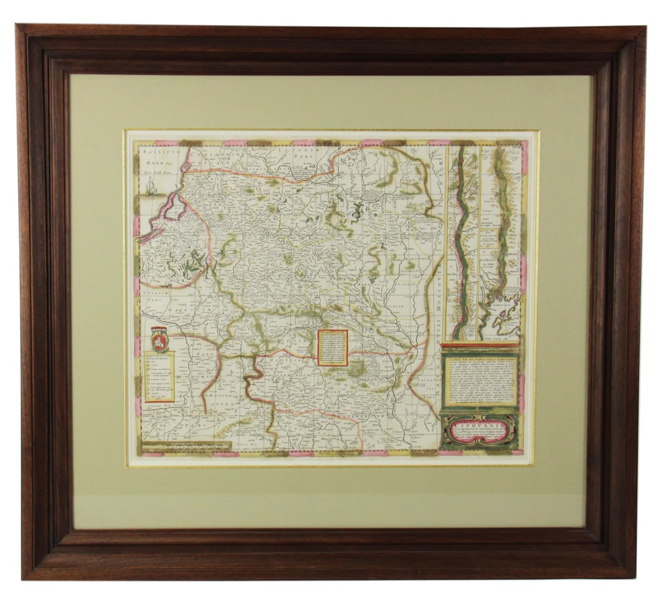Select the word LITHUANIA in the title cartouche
click(x=479, y=425)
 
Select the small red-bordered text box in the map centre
click(x=332, y=348)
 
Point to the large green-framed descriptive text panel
click(x=480, y=380)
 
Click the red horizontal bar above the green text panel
click(x=480, y=344)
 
